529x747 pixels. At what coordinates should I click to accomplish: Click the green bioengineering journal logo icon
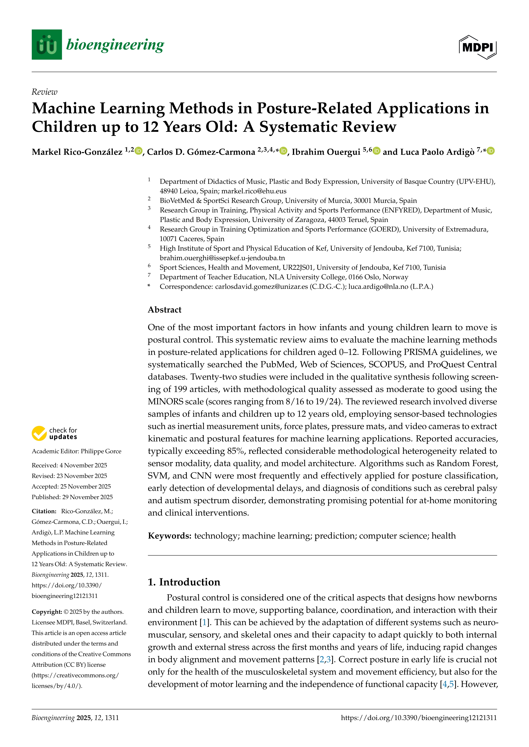click(47, 45)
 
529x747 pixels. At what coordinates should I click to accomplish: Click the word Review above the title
click(44, 92)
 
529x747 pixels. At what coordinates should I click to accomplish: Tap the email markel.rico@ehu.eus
click(254, 191)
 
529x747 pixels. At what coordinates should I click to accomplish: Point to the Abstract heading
click(164, 310)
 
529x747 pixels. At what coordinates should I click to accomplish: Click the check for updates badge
click(54, 433)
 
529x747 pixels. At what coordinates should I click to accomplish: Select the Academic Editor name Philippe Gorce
click(101, 451)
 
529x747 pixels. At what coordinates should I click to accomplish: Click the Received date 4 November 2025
click(83, 465)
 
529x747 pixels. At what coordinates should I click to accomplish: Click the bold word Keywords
click(169, 536)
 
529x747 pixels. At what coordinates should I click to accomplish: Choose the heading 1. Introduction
click(184, 582)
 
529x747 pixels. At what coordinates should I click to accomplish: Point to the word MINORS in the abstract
click(166, 402)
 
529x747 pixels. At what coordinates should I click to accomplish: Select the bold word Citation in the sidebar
click(44, 511)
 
